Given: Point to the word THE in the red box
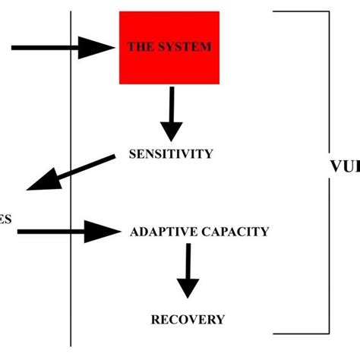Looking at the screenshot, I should click(141, 46).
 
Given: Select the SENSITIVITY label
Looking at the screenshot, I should click(171, 153).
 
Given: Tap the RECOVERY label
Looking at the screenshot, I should click(188, 319).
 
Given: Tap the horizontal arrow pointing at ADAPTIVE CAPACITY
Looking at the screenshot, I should click(68, 231).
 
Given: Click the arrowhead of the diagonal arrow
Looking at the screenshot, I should click(42, 182).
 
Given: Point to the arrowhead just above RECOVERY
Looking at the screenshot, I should click(187, 287).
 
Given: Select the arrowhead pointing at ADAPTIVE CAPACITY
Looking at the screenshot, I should click(101, 231).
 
